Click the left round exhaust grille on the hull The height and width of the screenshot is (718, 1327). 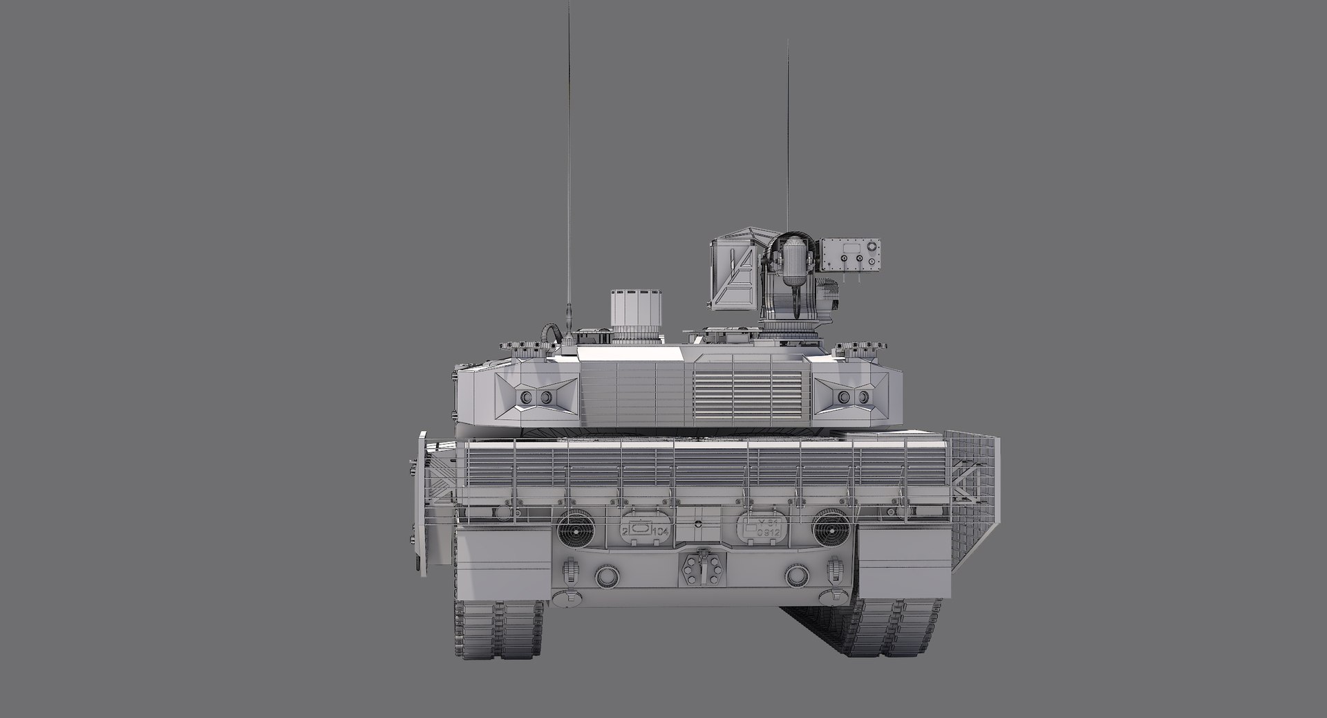point(576,528)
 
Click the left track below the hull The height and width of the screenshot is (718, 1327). point(498,629)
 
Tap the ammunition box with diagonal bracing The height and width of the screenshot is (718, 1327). point(735,273)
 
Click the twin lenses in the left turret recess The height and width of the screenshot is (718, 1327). point(536,398)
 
